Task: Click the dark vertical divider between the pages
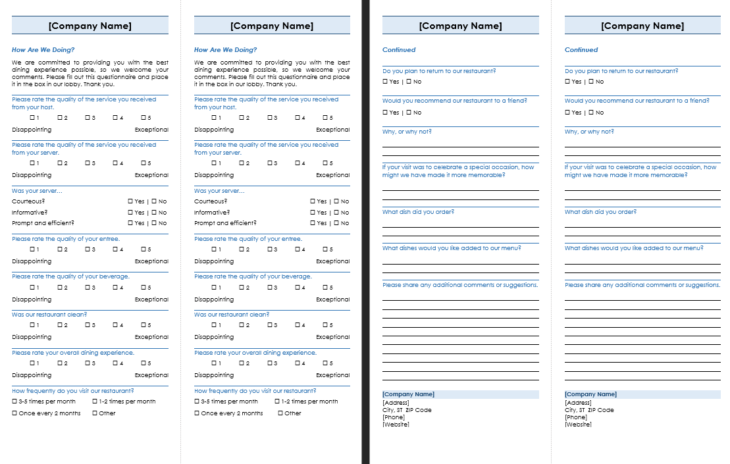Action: [365, 232]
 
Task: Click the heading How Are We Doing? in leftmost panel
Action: [43, 50]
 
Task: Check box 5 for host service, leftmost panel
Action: [142, 118]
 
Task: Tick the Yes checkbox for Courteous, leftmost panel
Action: [130, 201]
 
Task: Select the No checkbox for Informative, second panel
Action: [336, 213]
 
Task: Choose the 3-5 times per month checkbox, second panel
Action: [197, 401]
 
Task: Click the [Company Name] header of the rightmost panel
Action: [642, 26]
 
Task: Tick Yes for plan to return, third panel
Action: [385, 82]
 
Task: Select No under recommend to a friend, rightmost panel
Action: [591, 113]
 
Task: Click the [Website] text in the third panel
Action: [396, 425]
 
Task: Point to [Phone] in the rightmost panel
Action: [576, 417]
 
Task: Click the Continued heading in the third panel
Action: [399, 50]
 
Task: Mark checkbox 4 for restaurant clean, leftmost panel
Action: [115, 325]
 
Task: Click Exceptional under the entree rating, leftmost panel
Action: [151, 261]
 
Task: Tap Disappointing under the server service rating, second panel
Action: [214, 175]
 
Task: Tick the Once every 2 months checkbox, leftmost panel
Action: [14, 413]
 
